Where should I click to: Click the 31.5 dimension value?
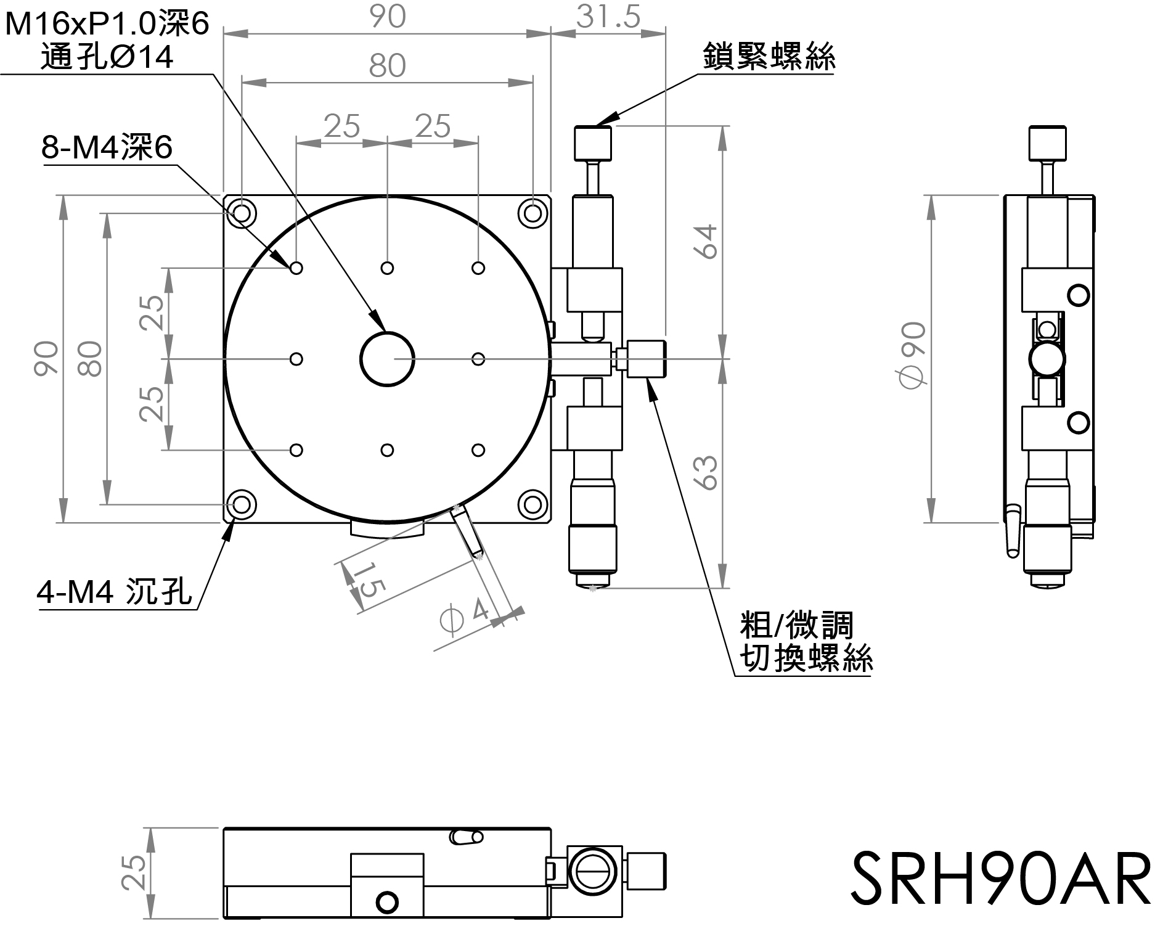point(608,17)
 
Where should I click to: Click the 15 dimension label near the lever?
point(366,580)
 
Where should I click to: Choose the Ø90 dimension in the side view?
point(913,356)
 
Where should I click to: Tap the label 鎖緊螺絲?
point(769,57)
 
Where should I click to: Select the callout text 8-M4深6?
point(107,148)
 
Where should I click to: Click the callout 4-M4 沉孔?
point(115,593)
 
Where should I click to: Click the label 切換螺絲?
point(806,658)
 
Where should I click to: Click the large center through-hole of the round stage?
point(387,359)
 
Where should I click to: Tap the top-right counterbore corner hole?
point(532,214)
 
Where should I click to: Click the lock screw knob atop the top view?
point(593,142)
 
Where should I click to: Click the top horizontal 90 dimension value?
point(388,17)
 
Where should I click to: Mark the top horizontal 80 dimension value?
point(387,66)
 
